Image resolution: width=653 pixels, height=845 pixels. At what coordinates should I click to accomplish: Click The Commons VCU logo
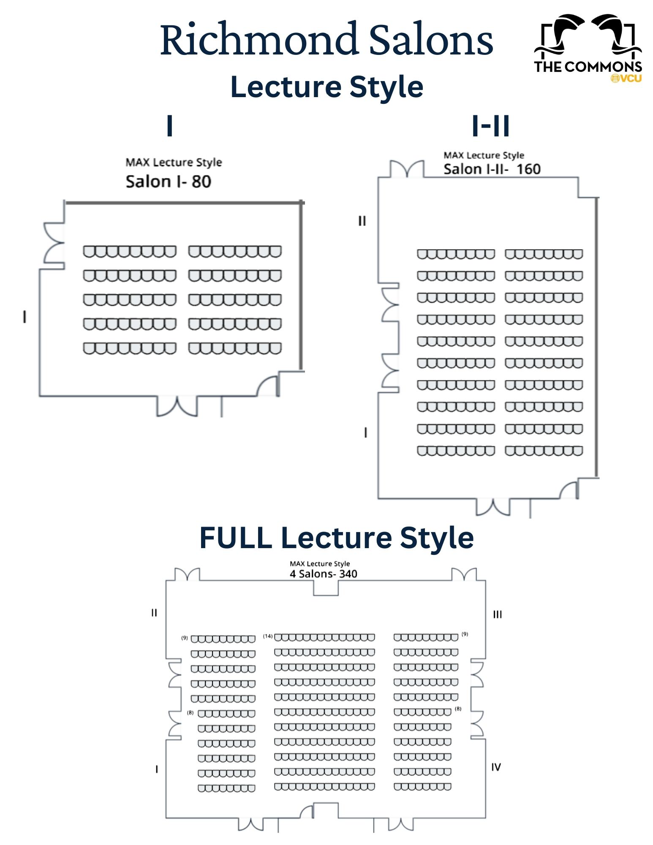588,49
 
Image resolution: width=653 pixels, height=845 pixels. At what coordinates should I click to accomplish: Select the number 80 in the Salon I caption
201,182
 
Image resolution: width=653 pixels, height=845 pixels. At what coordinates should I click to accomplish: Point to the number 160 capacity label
528,169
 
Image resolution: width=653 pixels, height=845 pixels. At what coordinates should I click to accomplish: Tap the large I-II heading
490,125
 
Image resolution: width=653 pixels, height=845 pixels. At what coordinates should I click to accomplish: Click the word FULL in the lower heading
236,538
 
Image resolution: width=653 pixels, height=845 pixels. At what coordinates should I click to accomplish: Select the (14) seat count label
268,636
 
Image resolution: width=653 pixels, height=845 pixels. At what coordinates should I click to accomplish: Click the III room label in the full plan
498,614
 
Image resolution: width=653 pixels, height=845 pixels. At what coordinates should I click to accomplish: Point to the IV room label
496,767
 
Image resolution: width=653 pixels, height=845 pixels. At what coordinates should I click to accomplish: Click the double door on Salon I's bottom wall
177,406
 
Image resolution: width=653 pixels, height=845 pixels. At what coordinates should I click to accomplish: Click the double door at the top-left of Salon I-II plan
407,169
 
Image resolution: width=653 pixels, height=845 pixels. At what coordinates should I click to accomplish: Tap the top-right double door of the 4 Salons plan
464,574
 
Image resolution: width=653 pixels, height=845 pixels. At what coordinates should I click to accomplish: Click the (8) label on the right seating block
458,709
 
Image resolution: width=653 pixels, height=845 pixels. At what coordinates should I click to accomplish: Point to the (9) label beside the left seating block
185,638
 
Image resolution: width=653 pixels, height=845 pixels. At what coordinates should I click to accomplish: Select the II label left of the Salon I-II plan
362,221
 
